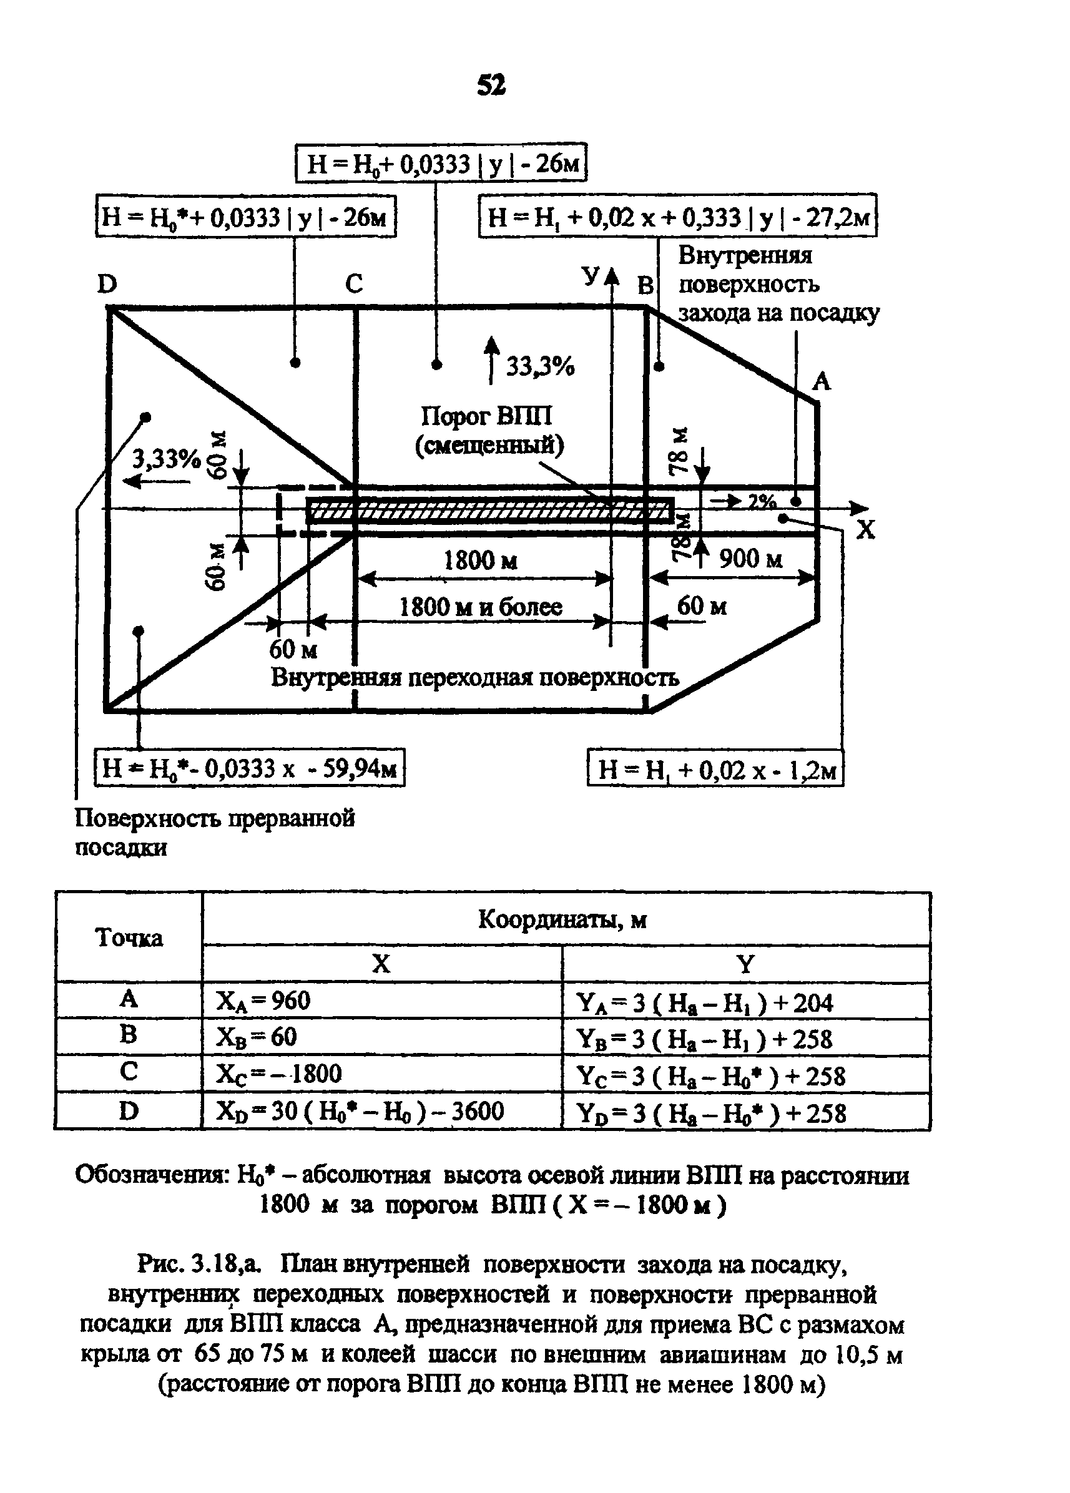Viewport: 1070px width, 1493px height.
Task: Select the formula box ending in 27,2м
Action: click(677, 215)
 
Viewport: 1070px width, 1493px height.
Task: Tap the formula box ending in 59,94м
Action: click(250, 767)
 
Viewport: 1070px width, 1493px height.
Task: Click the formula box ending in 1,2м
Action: click(715, 768)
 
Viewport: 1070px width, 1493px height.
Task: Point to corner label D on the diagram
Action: click(107, 285)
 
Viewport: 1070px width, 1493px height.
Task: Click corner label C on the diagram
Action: click(353, 284)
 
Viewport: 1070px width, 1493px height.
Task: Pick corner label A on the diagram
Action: click(821, 381)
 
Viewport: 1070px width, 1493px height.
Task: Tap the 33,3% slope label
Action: click(540, 366)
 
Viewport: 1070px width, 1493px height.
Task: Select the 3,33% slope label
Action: click(167, 458)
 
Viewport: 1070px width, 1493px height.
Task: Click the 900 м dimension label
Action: click(750, 559)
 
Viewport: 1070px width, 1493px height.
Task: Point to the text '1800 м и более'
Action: click(481, 606)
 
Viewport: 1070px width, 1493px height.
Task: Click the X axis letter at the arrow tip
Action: click(865, 529)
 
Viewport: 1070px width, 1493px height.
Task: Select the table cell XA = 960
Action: click(263, 1001)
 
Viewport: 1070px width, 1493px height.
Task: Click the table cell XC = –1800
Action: click(279, 1074)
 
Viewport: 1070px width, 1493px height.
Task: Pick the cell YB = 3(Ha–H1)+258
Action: click(705, 1039)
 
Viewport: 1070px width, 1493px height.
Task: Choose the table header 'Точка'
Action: click(129, 937)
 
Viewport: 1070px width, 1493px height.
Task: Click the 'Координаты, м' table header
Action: click(562, 919)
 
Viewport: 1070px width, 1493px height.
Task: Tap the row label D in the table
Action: click(129, 1111)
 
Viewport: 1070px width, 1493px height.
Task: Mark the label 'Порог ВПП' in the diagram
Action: click(486, 416)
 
